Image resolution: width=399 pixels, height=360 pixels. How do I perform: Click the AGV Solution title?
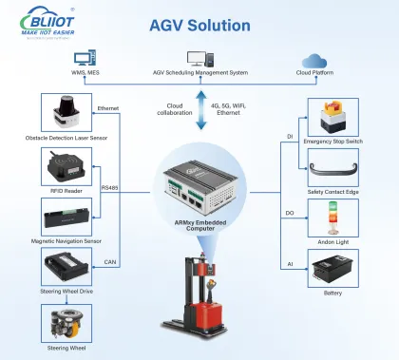coord(199,23)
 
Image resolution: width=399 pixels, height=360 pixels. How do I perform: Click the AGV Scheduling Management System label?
coord(199,72)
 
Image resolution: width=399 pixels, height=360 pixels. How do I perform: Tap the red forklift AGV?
coord(199,304)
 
